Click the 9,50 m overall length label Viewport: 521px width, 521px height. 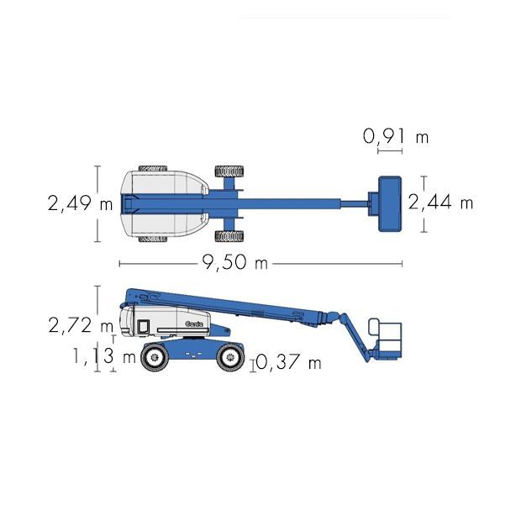[x=234, y=262]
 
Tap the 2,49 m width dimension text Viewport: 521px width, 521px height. [x=81, y=203]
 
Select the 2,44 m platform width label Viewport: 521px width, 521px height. [x=440, y=202]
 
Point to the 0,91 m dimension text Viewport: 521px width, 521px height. [x=396, y=137]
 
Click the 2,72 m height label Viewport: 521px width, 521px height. [x=81, y=325]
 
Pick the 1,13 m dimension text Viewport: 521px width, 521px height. [x=104, y=356]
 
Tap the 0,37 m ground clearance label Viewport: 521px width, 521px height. [x=289, y=362]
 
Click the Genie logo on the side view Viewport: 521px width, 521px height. [x=194, y=324]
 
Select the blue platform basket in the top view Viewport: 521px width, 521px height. [x=390, y=203]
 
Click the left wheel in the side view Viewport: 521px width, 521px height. [x=154, y=357]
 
